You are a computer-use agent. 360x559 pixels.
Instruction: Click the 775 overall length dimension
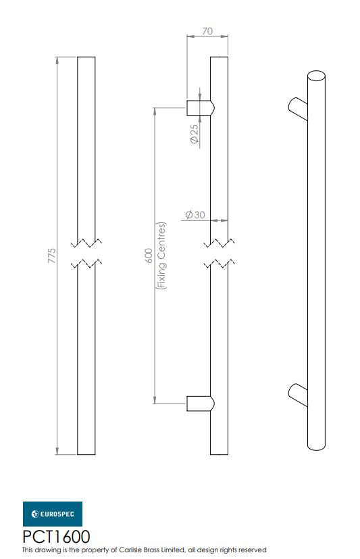(x=52, y=256)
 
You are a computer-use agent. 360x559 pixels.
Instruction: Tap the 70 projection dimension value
(x=207, y=31)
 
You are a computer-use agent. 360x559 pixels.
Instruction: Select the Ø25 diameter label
(x=194, y=134)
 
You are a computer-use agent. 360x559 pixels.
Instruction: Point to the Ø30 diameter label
(x=195, y=215)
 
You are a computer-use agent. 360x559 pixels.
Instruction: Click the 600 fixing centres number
(x=149, y=256)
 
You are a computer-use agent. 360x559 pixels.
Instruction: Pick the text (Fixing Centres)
(x=161, y=256)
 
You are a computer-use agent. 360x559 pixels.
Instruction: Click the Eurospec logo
(x=52, y=514)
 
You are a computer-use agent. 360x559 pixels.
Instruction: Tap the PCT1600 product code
(x=56, y=537)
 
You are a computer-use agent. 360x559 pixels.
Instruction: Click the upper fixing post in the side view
(x=201, y=107)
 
